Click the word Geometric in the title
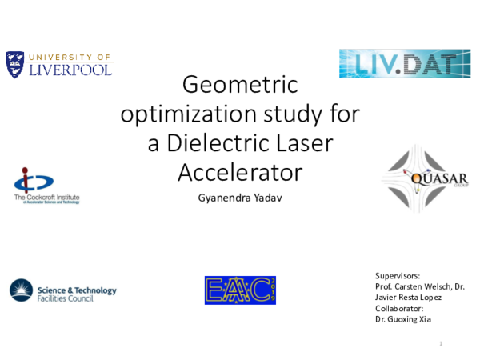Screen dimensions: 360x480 click(x=240, y=84)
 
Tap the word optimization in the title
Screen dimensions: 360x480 click(x=175, y=114)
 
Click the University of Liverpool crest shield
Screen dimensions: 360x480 click(x=15, y=64)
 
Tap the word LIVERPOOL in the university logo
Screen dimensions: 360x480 click(x=70, y=70)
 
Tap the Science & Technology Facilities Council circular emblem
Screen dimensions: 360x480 click(x=21, y=290)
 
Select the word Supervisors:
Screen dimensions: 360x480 click(x=397, y=274)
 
